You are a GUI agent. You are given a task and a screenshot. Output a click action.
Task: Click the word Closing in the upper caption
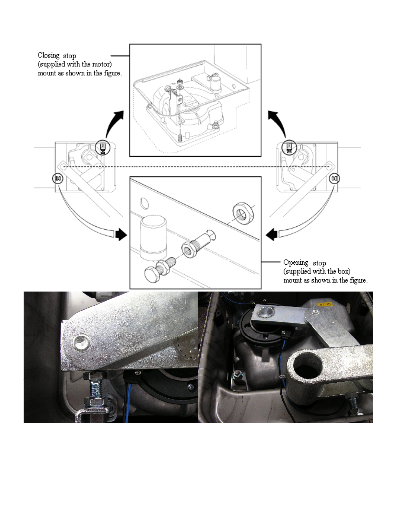coord(48,55)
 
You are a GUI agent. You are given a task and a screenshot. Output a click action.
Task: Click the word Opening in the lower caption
coord(296,263)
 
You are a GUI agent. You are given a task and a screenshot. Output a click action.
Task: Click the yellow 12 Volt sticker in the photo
coord(325,304)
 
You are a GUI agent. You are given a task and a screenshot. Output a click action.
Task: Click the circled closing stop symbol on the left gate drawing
coord(102,147)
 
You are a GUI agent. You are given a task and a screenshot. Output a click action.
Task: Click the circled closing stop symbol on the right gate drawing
coord(288,147)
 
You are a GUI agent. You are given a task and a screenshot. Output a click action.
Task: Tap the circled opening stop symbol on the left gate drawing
coord(58,178)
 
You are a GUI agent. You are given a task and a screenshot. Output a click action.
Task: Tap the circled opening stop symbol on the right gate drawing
coord(334,179)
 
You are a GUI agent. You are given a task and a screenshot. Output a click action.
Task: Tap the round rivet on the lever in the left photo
coord(82,342)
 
